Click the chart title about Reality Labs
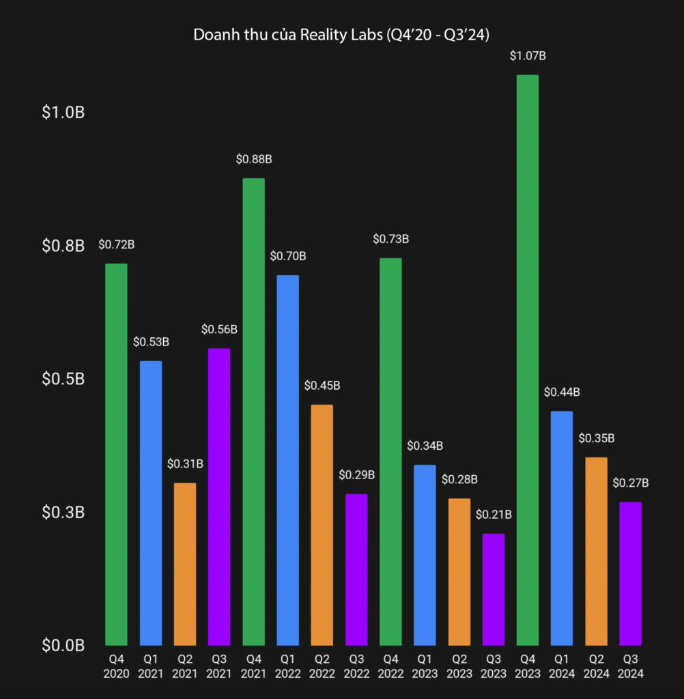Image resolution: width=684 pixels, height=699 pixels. click(x=341, y=35)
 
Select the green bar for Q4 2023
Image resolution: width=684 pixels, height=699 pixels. click(x=527, y=360)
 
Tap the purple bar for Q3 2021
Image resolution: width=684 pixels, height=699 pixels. click(x=219, y=496)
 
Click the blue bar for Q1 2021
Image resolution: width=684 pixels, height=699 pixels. click(x=151, y=502)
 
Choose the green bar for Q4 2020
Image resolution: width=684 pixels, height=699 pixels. click(x=117, y=454)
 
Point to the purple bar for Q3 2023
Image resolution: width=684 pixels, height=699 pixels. click(x=493, y=589)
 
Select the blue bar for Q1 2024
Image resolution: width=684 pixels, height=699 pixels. click(x=561, y=528)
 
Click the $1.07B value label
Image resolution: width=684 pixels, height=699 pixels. click(x=528, y=56)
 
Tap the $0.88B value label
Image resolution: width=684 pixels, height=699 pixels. click(x=254, y=159)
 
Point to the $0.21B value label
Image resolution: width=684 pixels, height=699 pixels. click(x=493, y=514)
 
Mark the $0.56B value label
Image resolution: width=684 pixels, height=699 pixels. click(x=219, y=329)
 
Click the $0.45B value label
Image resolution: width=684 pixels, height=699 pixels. click(x=322, y=385)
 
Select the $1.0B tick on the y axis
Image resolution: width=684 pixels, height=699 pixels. click(x=63, y=113)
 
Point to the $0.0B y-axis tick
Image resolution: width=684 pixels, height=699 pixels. click(x=63, y=645)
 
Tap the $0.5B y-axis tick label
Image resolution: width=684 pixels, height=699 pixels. click(x=63, y=379)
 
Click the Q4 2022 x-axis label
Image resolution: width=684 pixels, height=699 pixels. click(x=390, y=666)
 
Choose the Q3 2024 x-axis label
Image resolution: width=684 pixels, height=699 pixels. click(x=630, y=666)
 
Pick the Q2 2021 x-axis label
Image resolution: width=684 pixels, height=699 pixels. click(x=185, y=666)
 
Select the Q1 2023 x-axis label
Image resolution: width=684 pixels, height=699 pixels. click(x=425, y=666)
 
